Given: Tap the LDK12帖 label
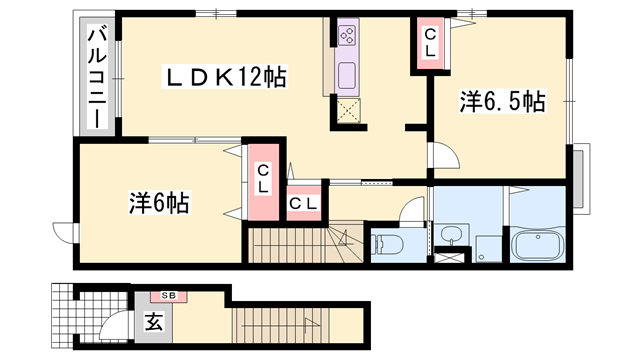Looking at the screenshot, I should [226, 75].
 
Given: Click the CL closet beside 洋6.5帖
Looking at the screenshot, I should [431, 44].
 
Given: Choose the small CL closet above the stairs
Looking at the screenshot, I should [303, 203].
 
